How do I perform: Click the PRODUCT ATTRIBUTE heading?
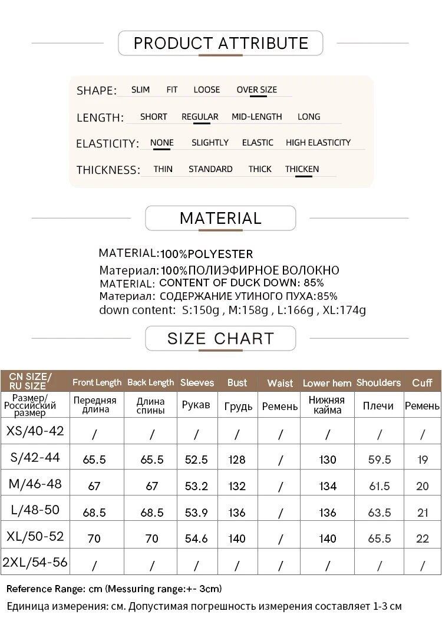[x=221, y=43]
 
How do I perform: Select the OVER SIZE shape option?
[x=256, y=90]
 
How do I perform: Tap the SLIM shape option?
[x=140, y=90]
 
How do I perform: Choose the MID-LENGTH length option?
[x=256, y=117]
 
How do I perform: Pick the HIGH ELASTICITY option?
[x=318, y=143]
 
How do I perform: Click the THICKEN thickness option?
[x=302, y=169]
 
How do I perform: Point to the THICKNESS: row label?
[x=108, y=170]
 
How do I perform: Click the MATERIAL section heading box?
[x=220, y=218]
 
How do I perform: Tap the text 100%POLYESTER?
[x=206, y=255]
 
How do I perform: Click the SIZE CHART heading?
[x=220, y=338]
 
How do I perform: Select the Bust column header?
[x=237, y=382]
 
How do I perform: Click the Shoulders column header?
[x=378, y=382]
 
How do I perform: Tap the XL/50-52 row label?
[x=35, y=537]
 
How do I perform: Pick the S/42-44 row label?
[x=35, y=457]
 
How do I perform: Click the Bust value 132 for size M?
[x=237, y=486]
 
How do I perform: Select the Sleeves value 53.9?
[x=196, y=513]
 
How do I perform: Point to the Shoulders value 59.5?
[x=379, y=460]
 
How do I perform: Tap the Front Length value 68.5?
[x=94, y=513]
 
